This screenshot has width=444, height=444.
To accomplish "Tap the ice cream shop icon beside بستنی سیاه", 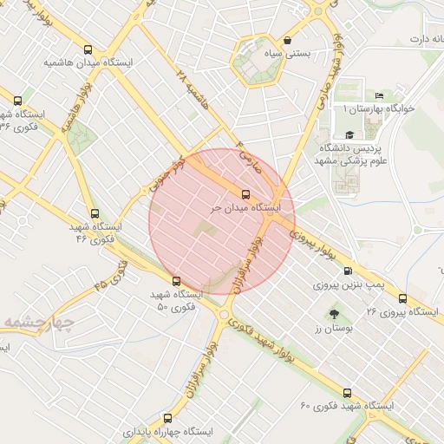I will tap(287, 40).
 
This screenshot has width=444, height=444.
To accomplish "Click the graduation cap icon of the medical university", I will tap(349, 134).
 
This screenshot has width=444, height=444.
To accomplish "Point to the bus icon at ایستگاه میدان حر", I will tap(245, 194).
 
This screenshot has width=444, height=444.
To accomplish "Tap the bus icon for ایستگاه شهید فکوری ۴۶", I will tap(95, 212).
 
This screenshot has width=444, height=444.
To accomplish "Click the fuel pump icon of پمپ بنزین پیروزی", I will tap(349, 271).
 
